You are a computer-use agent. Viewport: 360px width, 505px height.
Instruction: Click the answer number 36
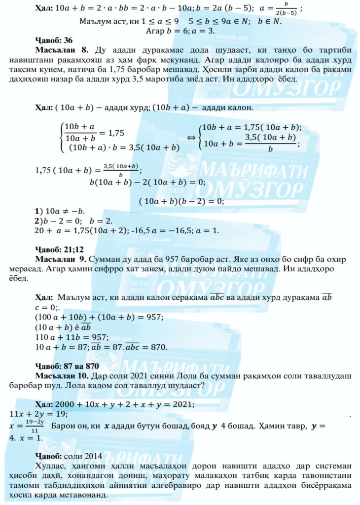69,40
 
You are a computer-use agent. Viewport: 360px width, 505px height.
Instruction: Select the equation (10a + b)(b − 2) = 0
181,201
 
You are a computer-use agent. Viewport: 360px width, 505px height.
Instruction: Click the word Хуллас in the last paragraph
51,466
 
